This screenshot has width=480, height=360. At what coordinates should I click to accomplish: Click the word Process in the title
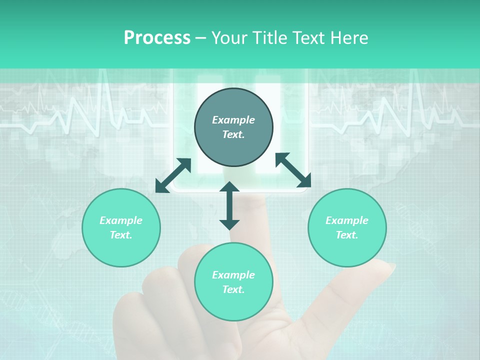157,38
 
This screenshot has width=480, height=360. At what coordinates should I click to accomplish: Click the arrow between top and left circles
173,175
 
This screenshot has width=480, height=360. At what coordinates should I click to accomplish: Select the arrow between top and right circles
293,170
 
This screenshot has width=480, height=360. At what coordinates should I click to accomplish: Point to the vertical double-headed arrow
229,205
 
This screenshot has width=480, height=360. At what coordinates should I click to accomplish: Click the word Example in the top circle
233,120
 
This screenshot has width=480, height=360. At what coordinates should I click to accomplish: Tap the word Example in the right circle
347,220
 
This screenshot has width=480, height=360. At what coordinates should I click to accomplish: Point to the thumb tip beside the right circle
388,267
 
